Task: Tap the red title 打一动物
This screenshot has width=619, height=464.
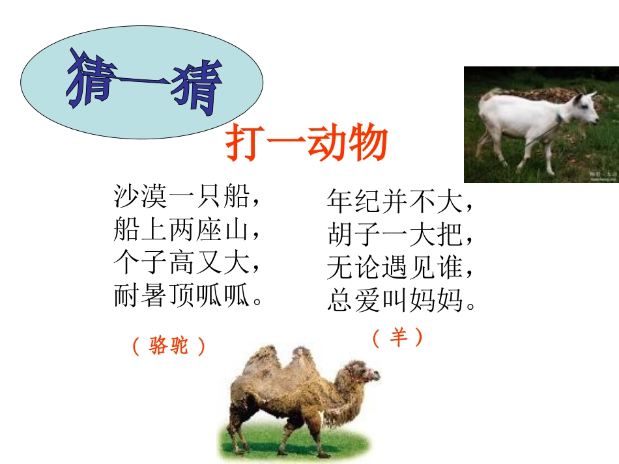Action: point(306,144)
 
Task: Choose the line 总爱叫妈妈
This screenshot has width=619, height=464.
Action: point(401,301)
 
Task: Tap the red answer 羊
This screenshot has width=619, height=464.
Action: point(397,337)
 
